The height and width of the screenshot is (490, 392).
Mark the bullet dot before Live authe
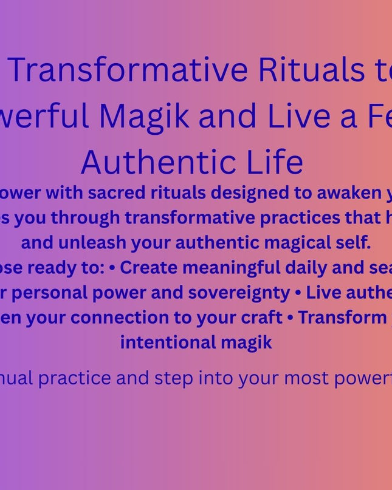[298, 292]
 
